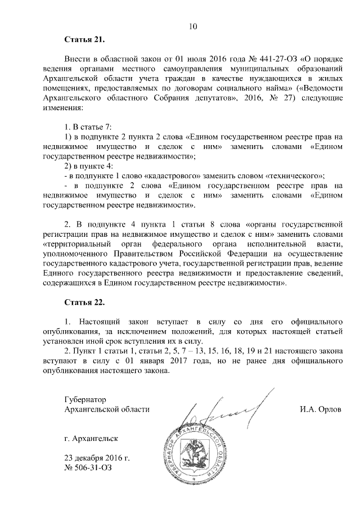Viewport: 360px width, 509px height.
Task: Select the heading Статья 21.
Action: pyautogui.click(x=84, y=40)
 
